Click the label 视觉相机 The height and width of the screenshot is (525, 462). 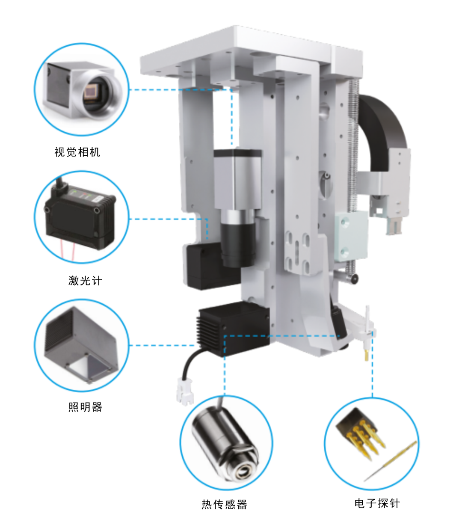click(77, 152)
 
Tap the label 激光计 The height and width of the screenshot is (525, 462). click(85, 281)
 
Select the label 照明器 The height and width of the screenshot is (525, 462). click(85, 407)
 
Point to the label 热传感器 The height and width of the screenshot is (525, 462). click(225, 504)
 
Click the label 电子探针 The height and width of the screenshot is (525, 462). click(377, 504)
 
